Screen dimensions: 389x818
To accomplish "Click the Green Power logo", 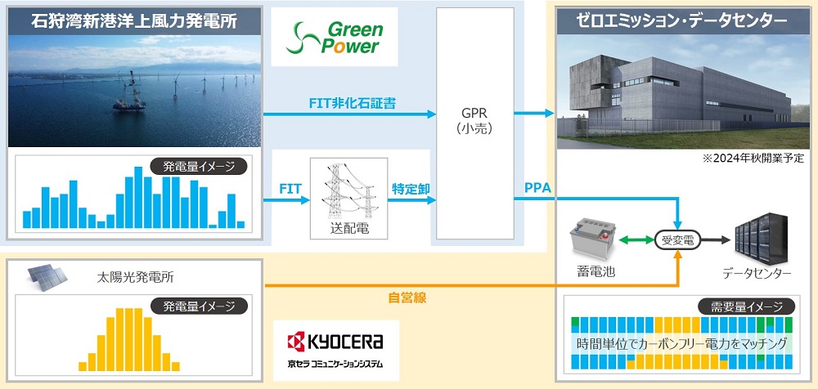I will click(334, 37).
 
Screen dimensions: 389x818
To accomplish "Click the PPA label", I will click(537, 190).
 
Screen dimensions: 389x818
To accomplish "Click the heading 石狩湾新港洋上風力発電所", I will click(134, 20).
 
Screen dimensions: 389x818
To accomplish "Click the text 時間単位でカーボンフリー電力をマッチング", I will click(681, 344).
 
